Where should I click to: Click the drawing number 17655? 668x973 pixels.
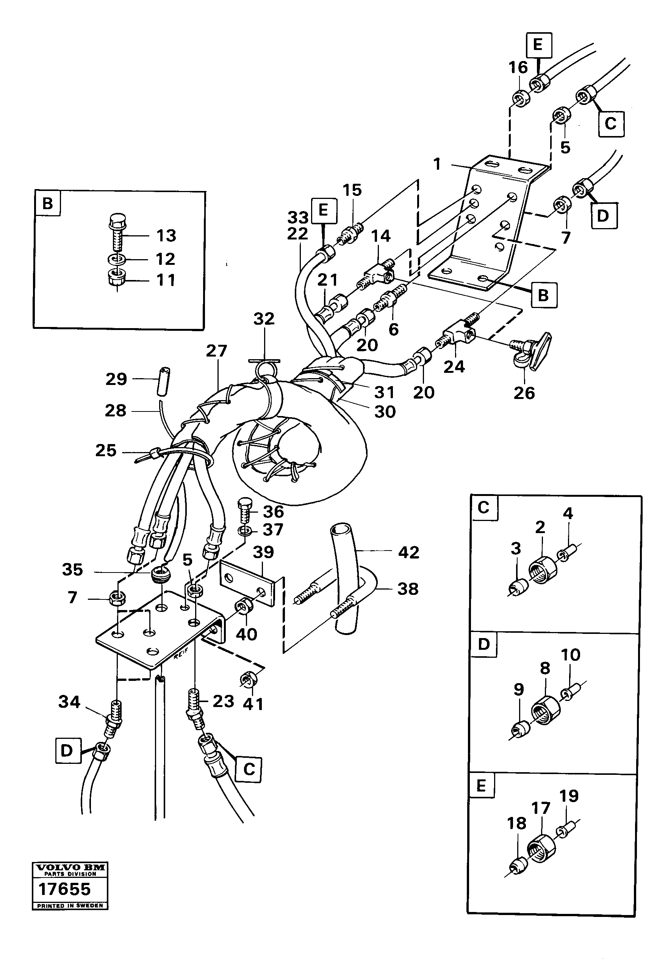[x=64, y=889]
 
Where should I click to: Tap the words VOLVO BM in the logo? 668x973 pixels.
[x=70, y=868]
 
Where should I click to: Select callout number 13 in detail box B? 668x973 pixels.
[x=166, y=236]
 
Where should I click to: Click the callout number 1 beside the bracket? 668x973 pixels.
[x=437, y=164]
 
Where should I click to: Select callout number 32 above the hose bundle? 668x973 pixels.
[x=264, y=319]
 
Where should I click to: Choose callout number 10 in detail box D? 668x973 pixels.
[x=570, y=654]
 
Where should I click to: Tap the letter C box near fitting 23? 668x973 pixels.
[x=249, y=769]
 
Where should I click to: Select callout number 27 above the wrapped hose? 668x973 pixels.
[x=216, y=351]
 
